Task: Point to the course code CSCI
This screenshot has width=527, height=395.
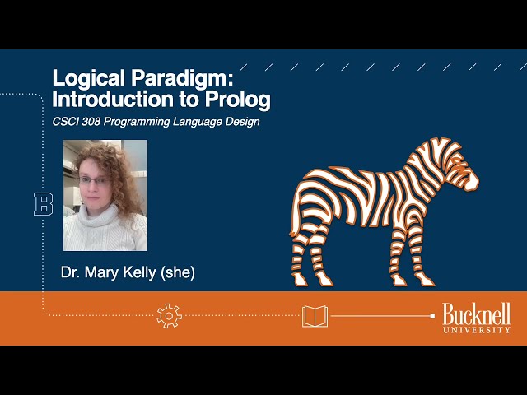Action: [x=68, y=122]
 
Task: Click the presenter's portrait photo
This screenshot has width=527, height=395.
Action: [x=105, y=195]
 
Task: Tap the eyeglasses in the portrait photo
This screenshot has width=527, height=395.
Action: [x=93, y=181]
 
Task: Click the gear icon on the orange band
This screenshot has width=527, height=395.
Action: [x=168, y=315]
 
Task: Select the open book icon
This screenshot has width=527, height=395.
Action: [x=315, y=315]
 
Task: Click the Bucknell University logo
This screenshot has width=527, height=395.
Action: [x=476, y=318]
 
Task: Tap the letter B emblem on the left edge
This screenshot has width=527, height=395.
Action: [x=43, y=204]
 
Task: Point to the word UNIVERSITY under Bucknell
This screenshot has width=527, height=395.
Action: [x=477, y=329]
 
